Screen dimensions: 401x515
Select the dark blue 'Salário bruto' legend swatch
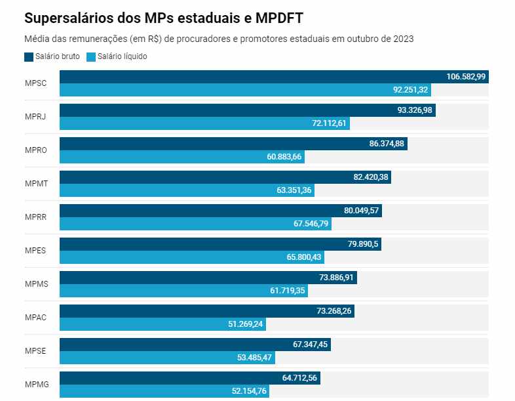coord(28,56)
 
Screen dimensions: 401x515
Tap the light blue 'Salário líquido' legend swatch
coord(91,56)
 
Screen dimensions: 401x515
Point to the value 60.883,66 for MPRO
coord(280,157)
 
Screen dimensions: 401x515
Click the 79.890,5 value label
coord(363,244)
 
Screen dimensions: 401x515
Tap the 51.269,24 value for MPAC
coord(241,324)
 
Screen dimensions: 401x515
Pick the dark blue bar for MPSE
coord(177,344)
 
